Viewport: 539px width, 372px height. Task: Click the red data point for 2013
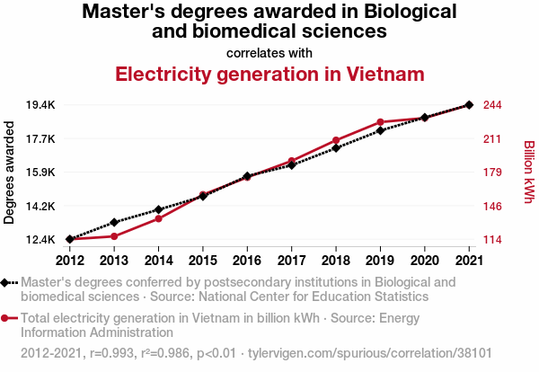click(x=114, y=236)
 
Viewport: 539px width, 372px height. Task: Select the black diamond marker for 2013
click(x=114, y=222)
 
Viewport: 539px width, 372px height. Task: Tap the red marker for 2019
click(x=380, y=122)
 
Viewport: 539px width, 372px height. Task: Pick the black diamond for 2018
click(x=336, y=147)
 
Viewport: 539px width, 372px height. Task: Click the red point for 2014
click(x=158, y=218)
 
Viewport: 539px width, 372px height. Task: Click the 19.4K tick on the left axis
click(x=41, y=105)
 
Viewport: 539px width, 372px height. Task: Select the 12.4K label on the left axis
click(x=41, y=240)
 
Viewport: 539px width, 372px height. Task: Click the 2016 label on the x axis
click(x=247, y=261)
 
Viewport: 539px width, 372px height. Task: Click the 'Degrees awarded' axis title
click(x=10, y=173)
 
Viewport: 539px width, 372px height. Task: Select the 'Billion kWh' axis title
click(x=528, y=172)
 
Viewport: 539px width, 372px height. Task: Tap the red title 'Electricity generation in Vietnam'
click(x=269, y=74)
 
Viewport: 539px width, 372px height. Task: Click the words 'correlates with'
click(x=269, y=52)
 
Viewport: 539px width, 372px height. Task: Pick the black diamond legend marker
click(x=7, y=282)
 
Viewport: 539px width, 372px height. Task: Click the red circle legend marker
click(x=7, y=318)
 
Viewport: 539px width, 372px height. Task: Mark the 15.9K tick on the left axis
click(x=41, y=173)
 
